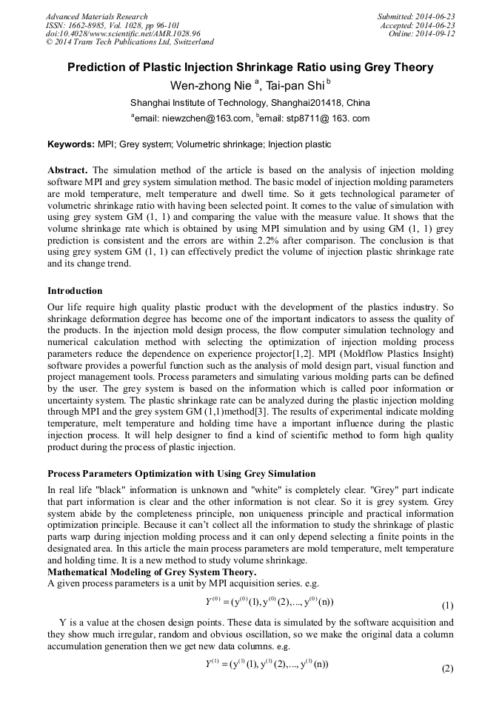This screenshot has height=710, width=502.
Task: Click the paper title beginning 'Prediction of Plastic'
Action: tap(250, 67)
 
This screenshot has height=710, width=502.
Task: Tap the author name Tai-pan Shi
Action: tap(295, 86)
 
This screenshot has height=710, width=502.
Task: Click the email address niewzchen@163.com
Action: tap(193, 118)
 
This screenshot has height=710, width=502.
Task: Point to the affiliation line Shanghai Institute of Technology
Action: tap(250, 103)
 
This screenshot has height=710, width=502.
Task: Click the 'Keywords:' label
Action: tap(71, 144)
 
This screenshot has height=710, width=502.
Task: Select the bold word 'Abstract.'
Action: tap(68, 170)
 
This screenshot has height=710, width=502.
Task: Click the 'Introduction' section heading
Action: tap(75, 291)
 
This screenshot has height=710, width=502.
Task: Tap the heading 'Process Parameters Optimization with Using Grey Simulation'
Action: tap(181, 474)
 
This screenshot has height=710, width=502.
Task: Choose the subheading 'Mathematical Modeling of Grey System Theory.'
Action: tap(152, 572)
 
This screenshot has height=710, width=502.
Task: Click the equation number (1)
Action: tap(447, 606)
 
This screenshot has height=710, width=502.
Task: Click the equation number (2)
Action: tap(447, 669)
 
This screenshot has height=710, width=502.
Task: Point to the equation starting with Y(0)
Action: tap(269, 601)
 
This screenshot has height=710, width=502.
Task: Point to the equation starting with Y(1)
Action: tap(267, 664)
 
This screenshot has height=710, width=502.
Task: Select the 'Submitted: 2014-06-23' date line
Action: tap(416, 16)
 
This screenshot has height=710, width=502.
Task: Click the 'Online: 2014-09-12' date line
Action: tap(421, 34)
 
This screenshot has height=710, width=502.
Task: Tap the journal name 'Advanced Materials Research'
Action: tap(97, 16)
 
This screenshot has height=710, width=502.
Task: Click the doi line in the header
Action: tap(123, 34)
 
